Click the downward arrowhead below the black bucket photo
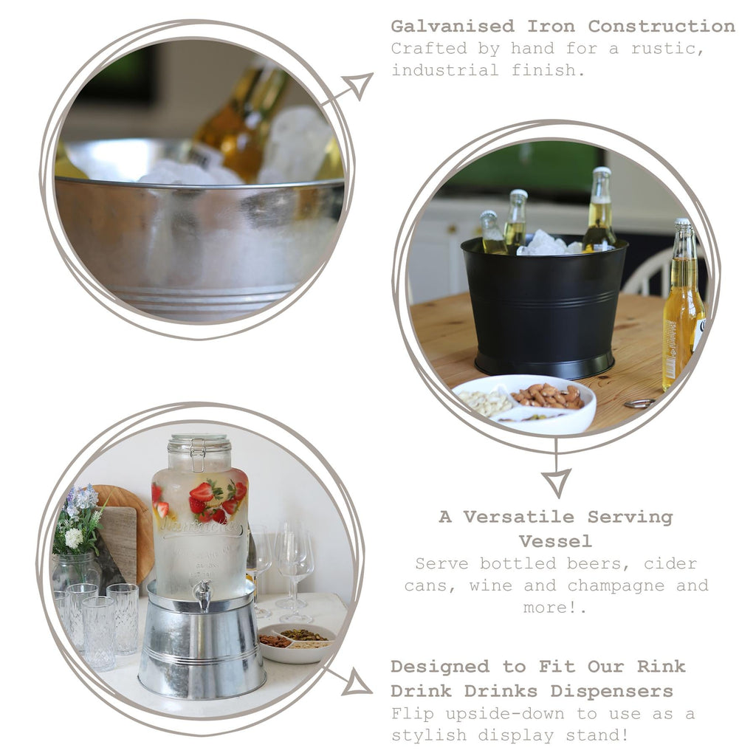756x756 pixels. (556, 481)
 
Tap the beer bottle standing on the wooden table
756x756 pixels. (682, 310)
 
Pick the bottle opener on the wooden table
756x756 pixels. (639, 403)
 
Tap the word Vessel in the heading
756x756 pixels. (555, 541)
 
